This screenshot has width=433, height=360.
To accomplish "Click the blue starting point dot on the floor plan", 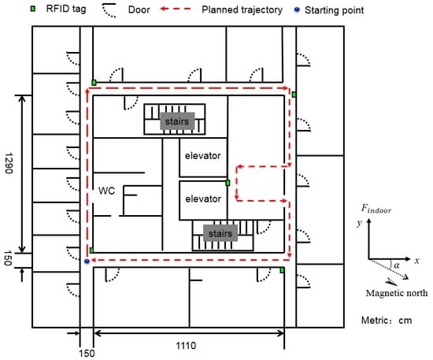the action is click(87, 261).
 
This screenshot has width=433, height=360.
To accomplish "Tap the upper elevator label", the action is click(202, 156).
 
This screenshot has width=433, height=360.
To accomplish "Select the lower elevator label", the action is click(203, 199).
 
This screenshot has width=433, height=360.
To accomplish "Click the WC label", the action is click(106, 191).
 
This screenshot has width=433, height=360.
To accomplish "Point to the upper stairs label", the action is click(177, 121).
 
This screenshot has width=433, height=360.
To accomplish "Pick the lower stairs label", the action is click(220, 233).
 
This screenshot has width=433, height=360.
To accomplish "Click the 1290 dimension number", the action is click(9, 163).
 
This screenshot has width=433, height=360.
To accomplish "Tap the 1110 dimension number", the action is click(186, 346).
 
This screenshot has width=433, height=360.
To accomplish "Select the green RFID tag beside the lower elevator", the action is click(228, 183).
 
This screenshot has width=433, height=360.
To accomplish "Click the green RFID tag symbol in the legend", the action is click(33, 9).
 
